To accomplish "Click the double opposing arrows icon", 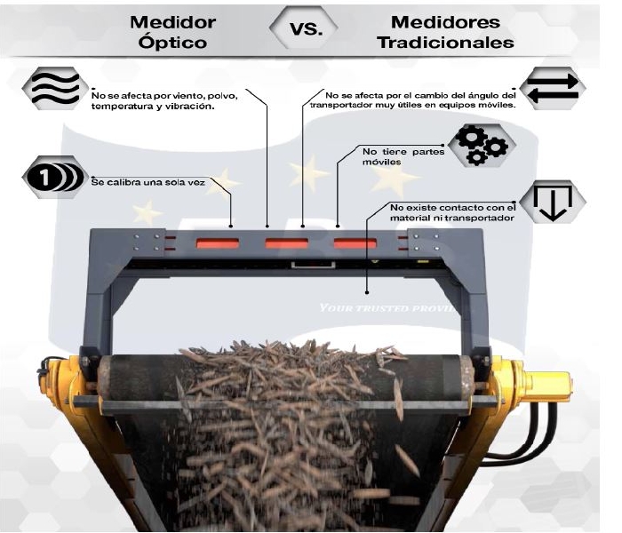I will pyautogui.click(x=553, y=87).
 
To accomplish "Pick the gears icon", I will pyautogui.click(x=480, y=144).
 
